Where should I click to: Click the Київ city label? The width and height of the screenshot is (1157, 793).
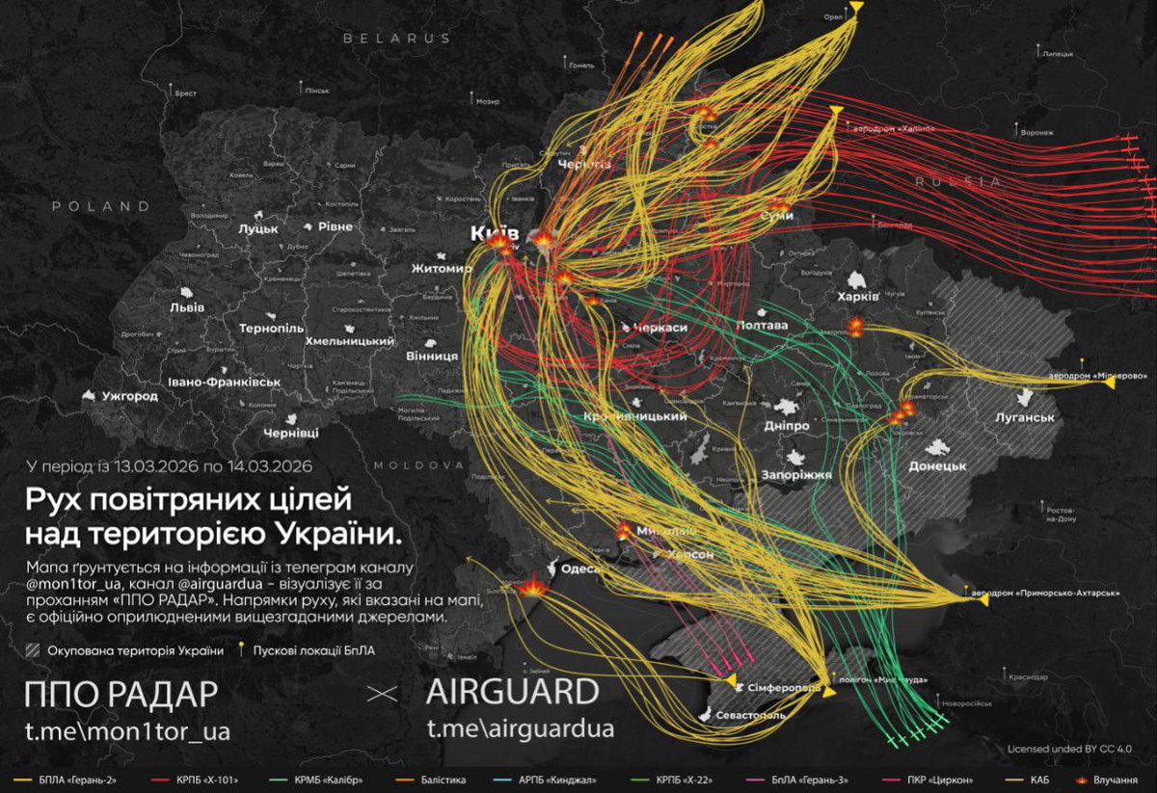[x=495, y=233]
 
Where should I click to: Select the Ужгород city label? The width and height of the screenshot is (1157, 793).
[x=129, y=396]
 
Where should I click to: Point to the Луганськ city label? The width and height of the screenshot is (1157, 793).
[x=1026, y=417]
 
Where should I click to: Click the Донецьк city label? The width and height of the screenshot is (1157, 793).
[x=937, y=465]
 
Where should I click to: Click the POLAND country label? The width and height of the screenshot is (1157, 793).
[x=101, y=206]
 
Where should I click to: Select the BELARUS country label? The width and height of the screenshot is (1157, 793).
[x=397, y=39]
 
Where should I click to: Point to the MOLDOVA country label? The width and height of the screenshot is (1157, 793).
[x=419, y=464]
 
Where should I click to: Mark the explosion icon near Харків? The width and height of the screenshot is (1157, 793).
[x=855, y=327]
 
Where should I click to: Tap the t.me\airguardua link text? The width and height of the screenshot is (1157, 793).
[x=521, y=729]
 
